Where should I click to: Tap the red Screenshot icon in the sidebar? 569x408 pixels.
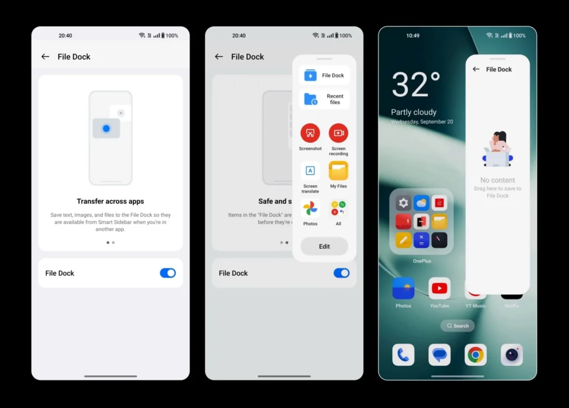(x=310, y=133)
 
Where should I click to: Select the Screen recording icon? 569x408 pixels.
(x=338, y=133)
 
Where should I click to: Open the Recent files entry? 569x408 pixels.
(x=325, y=99)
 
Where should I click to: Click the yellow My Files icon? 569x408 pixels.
(x=338, y=171)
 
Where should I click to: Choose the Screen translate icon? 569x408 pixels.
(x=310, y=171)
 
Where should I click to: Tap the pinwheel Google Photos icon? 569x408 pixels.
(x=310, y=209)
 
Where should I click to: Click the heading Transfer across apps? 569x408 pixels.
(x=111, y=201)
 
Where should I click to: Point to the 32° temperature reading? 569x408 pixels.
(x=416, y=86)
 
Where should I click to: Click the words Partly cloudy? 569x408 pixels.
(x=413, y=112)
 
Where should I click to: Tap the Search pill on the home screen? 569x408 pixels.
(x=457, y=326)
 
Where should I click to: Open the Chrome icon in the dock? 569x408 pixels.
(x=476, y=355)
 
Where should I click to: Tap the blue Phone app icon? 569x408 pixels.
(x=403, y=355)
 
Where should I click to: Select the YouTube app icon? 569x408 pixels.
(x=440, y=288)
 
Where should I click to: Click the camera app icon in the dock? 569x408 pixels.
(x=512, y=355)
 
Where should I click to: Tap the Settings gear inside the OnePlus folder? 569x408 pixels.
(x=403, y=203)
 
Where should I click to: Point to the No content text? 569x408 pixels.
(x=497, y=180)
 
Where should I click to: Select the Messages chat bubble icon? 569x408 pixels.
(x=440, y=355)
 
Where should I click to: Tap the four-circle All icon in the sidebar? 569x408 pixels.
(x=338, y=209)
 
